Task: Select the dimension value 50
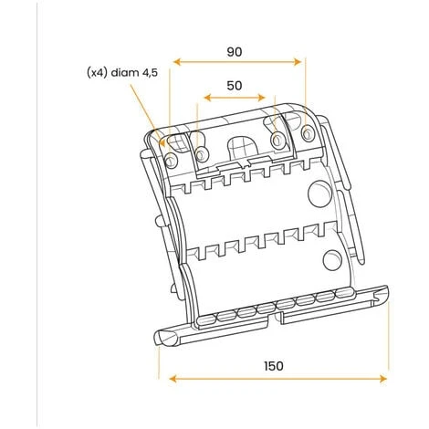point(235,84)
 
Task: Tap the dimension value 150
point(272,365)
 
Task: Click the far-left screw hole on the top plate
point(171,161)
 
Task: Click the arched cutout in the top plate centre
point(240,146)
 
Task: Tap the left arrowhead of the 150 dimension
point(163,377)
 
